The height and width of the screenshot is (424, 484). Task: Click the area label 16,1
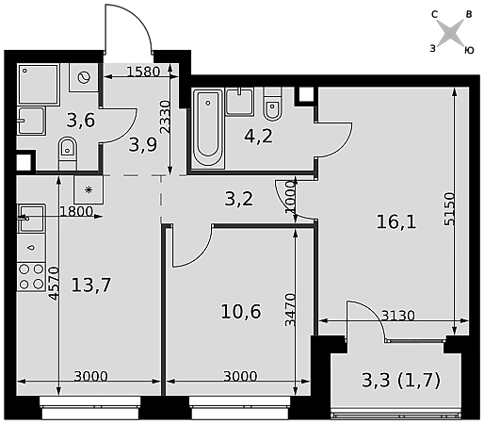(396, 222)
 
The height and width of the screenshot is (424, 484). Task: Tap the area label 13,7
(91, 285)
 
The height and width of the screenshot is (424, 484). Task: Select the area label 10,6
(241, 312)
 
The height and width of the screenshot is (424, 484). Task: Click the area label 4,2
(258, 137)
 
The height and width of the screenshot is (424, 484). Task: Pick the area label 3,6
(81, 121)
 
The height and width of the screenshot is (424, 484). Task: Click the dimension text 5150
(449, 208)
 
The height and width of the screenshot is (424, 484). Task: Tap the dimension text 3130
(398, 316)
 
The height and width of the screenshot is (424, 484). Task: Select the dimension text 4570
(54, 284)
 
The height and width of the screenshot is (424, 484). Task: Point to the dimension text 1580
(143, 72)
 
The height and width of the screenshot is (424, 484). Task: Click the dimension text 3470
(290, 310)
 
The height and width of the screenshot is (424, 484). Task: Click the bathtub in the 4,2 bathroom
(208, 127)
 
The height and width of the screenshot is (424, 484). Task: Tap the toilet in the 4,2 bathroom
(272, 104)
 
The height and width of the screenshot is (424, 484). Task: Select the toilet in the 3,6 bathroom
(68, 154)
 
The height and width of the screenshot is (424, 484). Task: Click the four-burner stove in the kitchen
(31, 277)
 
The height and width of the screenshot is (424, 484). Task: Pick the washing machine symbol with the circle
(84, 77)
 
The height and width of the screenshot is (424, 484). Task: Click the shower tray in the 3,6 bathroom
(39, 84)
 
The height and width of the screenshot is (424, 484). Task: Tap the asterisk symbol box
(89, 189)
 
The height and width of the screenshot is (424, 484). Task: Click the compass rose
(451, 32)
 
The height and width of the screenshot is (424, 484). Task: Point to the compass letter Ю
(469, 51)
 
